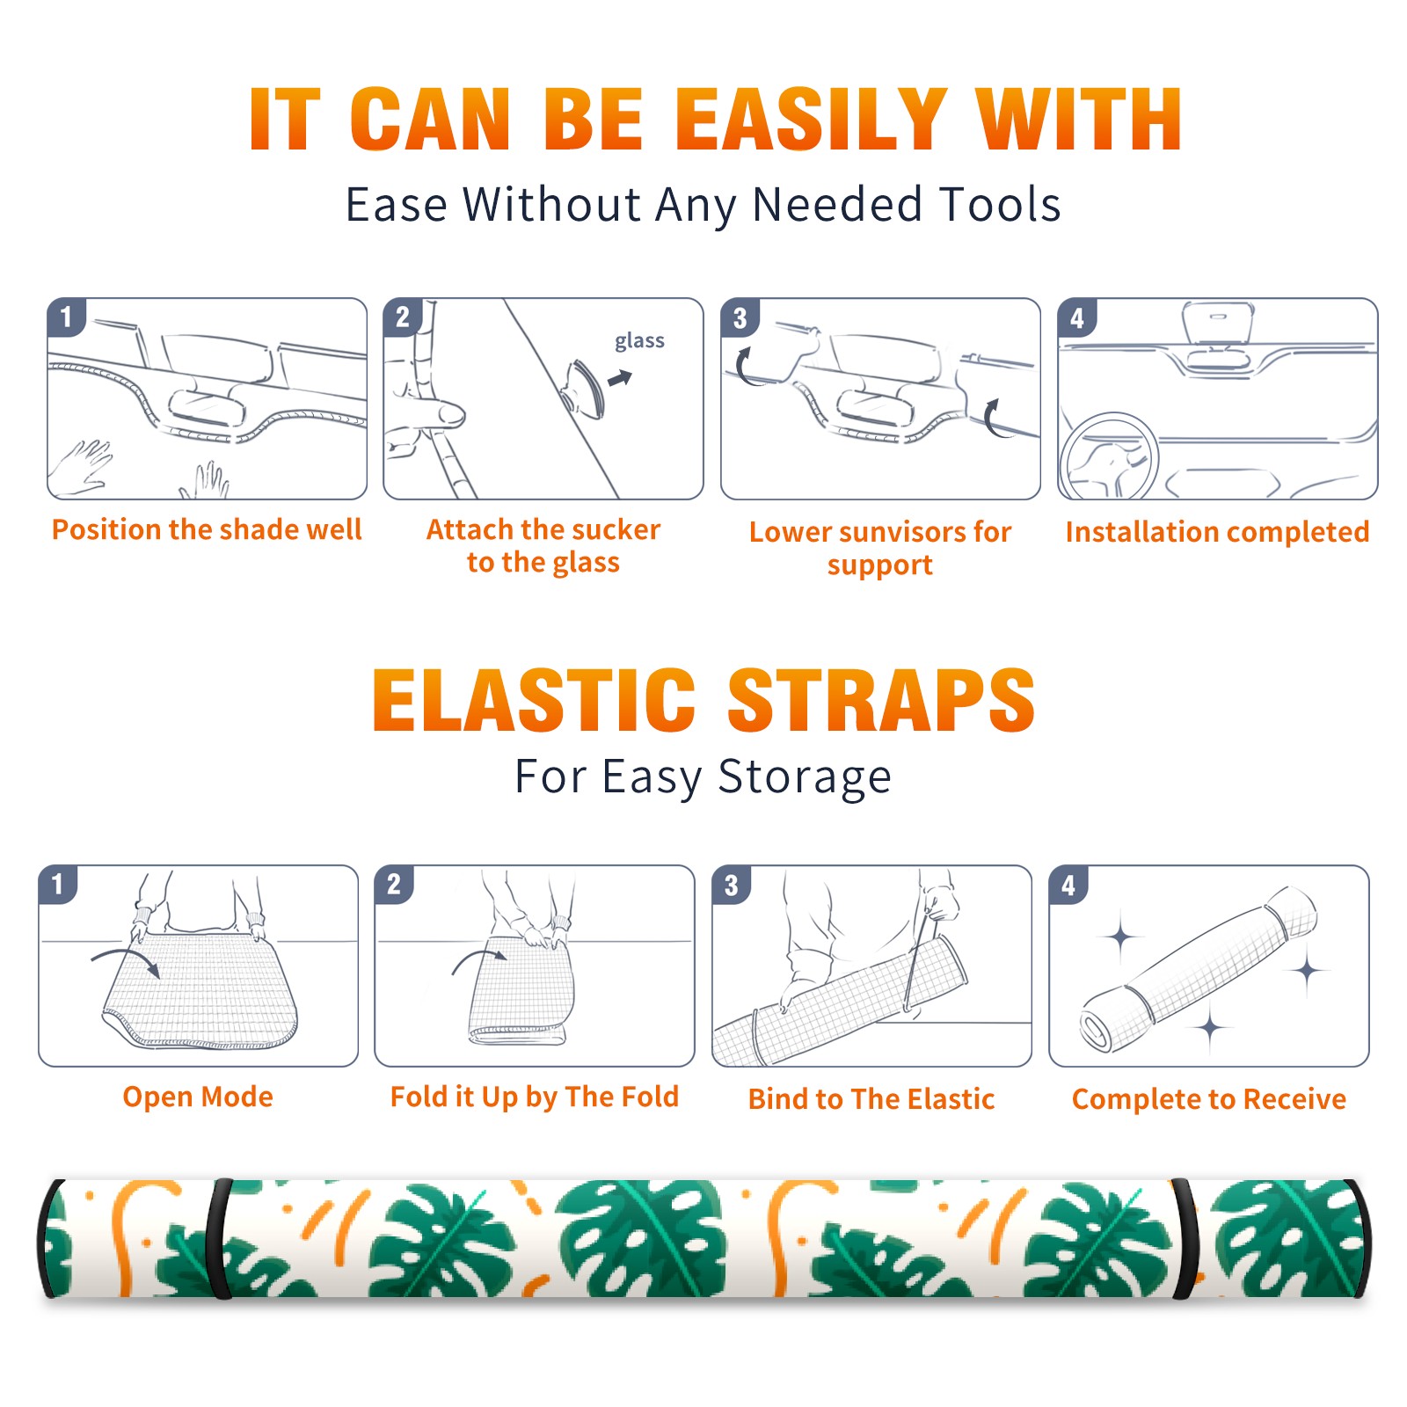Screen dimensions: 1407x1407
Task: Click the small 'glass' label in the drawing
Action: (x=639, y=341)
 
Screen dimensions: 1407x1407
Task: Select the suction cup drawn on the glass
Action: (x=586, y=388)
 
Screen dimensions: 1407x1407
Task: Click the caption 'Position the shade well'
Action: (x=207, y=530)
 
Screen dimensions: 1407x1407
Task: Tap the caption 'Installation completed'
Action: (x=1217, y=532)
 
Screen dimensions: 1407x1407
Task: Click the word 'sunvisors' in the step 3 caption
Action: (x=902, y=532)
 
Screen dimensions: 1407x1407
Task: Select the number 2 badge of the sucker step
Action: (x=402, y=317)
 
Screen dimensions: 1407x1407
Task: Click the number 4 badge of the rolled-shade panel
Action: (x=1068, y=885)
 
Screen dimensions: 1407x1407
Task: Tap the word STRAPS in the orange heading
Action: (x=881, y=700)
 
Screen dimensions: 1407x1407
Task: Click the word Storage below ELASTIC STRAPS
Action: (x=805, y=778)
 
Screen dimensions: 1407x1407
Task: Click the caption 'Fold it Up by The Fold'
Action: (x=535, y=1097)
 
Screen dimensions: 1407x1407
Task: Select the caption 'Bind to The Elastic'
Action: (x=871, y=1099)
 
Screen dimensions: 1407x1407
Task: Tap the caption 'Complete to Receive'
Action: (x=1209, y=1099)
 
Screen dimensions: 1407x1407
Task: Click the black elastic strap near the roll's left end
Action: (x=218, y=1238)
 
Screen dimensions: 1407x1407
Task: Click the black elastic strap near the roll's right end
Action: (x=1185, y=1238)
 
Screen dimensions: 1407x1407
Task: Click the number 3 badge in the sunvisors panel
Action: (x=740, y=317)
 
